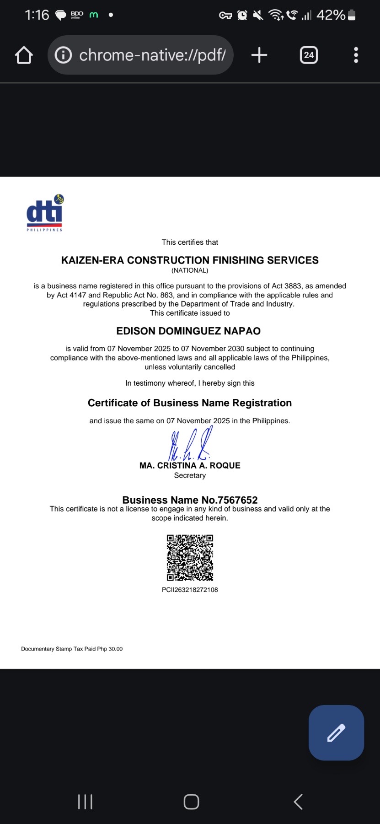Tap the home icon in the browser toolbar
(24, 55)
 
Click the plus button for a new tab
(259, 55)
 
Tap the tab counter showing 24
(309, 55)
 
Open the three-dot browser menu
(356, 55)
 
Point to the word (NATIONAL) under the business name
(190, 270)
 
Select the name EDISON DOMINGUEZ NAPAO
(188, 331)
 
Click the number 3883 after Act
(293, 286)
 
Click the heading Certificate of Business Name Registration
(190, 403)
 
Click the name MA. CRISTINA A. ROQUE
(190, 465)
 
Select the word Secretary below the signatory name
(190, 475)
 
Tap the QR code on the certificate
(190, 558)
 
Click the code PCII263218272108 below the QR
(190, 590)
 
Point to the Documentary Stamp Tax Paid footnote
(72, 649)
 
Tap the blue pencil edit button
(336, 732)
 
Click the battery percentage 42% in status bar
(331, 15)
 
